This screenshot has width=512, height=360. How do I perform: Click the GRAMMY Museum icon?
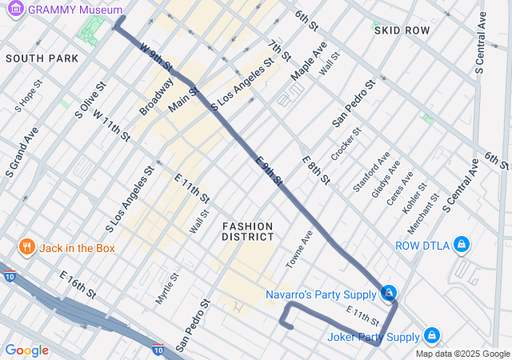(x=15, y=9)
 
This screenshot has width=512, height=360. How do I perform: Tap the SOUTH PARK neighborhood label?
(x=42, y=58)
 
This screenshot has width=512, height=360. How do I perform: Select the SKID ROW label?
(x=402, y=30)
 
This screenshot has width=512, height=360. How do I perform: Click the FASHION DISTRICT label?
(x=248, y=231)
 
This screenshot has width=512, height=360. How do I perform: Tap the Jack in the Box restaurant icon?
(x=26, y=248)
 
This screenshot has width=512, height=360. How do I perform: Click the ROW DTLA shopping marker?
(x=461, y=245)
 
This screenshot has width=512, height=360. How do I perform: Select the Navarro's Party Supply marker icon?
(x=389, y=294)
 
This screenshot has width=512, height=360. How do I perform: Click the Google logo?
(x=26, y=350)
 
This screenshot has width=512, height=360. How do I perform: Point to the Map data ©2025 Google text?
(x=462, y=354)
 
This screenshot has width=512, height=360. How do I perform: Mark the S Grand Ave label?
(x=20, y=151)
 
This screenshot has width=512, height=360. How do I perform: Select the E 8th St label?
(x=316, y=170)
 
